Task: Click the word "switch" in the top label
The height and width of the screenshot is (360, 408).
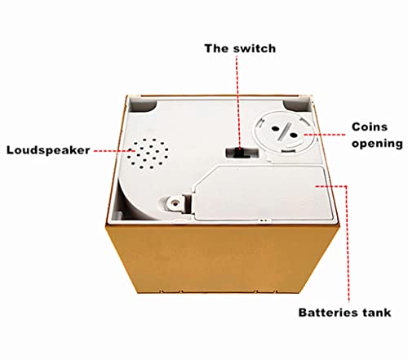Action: [x=255, y=48]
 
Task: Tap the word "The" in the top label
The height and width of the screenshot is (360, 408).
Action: [x=216, y=48]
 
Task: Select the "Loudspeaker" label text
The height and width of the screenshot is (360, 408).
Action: [x=48, y=150]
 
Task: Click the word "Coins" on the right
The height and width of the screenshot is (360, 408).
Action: [x=370, y=127]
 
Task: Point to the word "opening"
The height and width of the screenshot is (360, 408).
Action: [x=377, y=144]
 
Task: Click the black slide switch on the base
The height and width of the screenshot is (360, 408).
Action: [x=239, y=153]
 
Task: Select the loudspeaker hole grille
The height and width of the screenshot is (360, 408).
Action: [x=147, y=153]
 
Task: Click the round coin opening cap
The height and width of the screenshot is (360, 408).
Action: [x=284, y=131]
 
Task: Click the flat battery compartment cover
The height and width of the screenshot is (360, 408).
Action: [x=262, y=192]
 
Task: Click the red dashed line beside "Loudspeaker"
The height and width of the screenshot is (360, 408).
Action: [x=114, y=150]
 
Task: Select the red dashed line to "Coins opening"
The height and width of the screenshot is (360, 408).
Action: [x=325, y=135]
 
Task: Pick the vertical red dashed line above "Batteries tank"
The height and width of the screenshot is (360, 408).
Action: [x=348, y=243]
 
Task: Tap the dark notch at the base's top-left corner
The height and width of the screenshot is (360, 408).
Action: [x=142, y=105]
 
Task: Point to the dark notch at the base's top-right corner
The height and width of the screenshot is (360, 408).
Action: [x=295, y=105]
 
